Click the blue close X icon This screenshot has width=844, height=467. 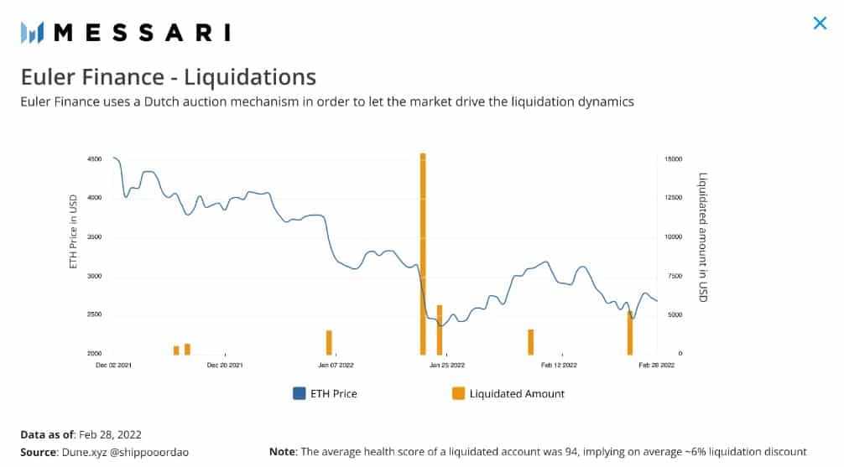pos(820,23)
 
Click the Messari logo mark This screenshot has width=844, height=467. pos(32,33)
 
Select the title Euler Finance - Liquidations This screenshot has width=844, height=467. pos(168,77)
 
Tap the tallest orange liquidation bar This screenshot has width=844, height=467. pos(423,252)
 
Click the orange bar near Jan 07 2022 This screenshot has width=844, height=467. pos(329,342)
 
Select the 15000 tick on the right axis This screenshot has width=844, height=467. pos(675,159)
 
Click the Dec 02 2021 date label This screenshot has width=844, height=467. pos(113,366)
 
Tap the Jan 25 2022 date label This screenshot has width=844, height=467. pos(446,366)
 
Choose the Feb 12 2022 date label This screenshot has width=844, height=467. pos(559,366)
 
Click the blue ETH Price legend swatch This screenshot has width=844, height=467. pos(299,393)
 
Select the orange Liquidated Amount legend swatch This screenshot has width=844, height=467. pos(458,393)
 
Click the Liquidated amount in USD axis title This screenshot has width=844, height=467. pos(703,237)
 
